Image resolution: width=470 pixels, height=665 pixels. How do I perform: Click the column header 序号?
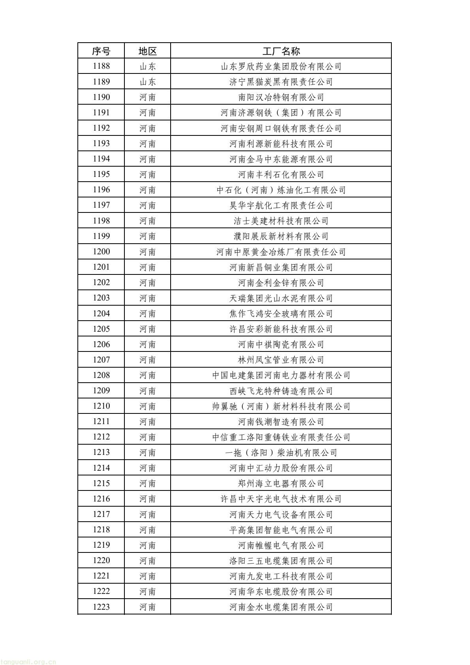101,51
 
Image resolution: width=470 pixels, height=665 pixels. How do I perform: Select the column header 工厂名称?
281,51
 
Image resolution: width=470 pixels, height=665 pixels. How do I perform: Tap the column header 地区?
147,51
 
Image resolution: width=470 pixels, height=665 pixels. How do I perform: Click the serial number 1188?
101,66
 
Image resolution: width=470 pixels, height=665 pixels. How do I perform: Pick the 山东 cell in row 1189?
147,82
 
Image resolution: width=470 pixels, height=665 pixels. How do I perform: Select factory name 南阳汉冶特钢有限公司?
281,97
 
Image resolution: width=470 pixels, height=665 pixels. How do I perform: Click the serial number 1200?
101,252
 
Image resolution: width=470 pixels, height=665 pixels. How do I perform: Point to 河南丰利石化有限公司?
281,175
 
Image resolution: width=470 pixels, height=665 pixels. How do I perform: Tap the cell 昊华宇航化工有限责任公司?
281,205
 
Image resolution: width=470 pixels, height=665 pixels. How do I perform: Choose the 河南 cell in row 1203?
147,298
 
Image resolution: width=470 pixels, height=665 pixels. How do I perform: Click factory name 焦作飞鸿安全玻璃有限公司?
281,314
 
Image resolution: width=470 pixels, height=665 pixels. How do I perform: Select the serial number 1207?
101,360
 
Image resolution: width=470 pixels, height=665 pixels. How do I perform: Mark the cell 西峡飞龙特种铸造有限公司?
281,391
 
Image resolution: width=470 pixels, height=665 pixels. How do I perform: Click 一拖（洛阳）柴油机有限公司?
281,453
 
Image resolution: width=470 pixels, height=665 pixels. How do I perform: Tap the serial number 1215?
101,483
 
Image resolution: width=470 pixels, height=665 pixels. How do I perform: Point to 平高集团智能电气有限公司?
281,530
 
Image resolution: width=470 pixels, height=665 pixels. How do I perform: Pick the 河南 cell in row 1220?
147,561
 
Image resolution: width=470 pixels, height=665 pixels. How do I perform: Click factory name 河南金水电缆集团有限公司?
281,607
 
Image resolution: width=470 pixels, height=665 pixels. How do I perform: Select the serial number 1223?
101,607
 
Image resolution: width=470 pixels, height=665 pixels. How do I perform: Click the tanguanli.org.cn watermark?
28,662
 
